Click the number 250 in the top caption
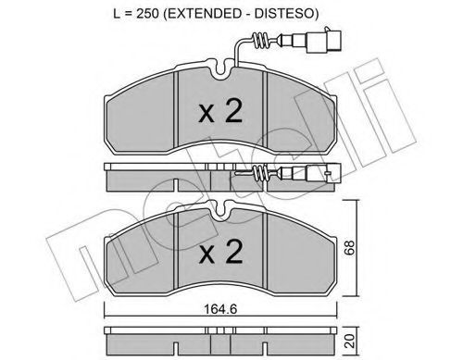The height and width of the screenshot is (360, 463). [x=147, y=14]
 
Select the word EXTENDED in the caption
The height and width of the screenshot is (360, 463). [x=205, y=14]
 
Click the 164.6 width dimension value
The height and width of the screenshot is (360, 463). [x=220, y=309]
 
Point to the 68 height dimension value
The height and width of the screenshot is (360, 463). [x=350, y=247]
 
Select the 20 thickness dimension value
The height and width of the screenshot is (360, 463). [x=350, y=341]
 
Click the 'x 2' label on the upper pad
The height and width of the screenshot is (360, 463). [x=220, y=112]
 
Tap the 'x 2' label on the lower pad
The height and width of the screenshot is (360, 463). [x=220, y=252]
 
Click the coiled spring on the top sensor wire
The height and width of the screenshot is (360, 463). [x=260, y=41]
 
